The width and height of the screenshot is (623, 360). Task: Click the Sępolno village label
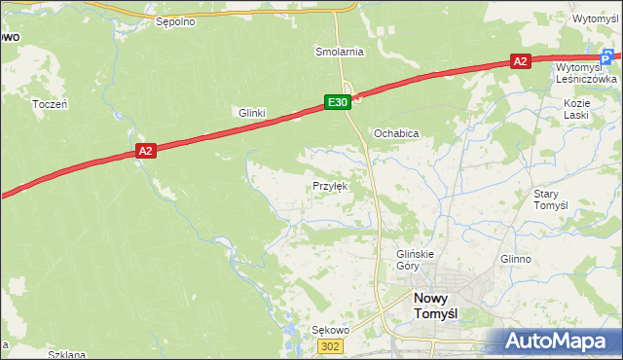176,20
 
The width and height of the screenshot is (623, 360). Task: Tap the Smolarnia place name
339,51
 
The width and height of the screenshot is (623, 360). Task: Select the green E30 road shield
337,101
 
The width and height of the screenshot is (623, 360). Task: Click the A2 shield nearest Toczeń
145,151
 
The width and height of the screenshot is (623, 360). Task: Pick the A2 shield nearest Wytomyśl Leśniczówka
521,61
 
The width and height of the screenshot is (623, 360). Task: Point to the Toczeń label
49,103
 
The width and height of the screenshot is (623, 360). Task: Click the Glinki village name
252,113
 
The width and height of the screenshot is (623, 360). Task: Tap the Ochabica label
396,133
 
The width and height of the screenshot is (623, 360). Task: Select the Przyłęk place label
329,185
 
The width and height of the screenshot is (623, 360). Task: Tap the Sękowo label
329,330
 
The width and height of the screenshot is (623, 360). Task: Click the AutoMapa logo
556,342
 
